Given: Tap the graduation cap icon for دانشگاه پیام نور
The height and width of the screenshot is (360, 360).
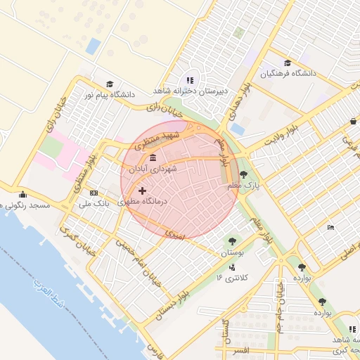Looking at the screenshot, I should coord(109,84).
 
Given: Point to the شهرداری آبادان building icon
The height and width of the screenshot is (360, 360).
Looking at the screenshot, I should coord(153,158).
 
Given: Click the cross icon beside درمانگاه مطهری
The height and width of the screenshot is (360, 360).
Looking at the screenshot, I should coord(143,191).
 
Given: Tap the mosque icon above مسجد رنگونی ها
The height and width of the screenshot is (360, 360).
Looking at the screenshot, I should coord(23,195).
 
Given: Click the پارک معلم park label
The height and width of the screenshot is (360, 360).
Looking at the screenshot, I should coord(243,185).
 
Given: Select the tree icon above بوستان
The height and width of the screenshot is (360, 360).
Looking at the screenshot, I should coord(231,240).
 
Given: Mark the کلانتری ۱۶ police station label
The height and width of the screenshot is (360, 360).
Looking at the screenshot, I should coord(229,278).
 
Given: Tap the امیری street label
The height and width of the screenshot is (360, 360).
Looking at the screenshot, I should coord(174,233).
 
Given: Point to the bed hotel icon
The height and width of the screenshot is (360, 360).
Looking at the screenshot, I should coord(331,227).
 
